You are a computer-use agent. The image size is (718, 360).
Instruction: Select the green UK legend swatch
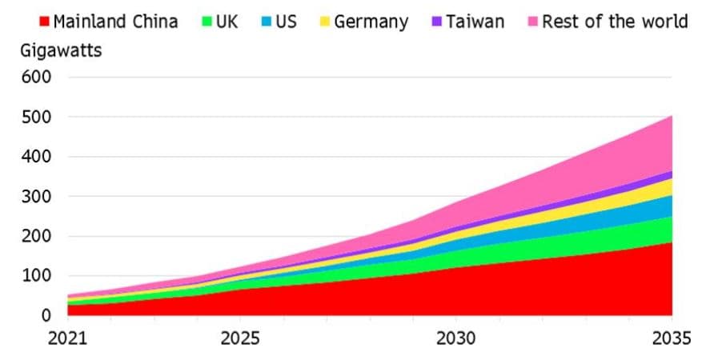click(207, 22)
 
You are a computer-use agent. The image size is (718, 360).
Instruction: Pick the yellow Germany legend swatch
click(325, 22)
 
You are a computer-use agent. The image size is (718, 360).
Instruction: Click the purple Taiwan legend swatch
click(437, 22)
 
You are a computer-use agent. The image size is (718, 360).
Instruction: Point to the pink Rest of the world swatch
click(533, 22)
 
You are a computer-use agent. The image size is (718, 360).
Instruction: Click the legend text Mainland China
click(115, 22)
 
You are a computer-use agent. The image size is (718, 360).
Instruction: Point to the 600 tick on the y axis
click(38, 78)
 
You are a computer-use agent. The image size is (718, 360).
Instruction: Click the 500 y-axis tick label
click(38, 118)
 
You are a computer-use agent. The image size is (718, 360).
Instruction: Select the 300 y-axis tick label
click(38, 197)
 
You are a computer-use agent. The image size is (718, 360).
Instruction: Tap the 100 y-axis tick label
click(38, 276)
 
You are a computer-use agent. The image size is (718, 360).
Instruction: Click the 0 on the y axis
click(46, 315)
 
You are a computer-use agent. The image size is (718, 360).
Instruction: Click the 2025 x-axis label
click(239, 338)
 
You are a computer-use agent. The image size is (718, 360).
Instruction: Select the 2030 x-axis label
click(455, 338)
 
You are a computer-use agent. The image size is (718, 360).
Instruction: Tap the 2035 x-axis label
click(671, 338)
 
